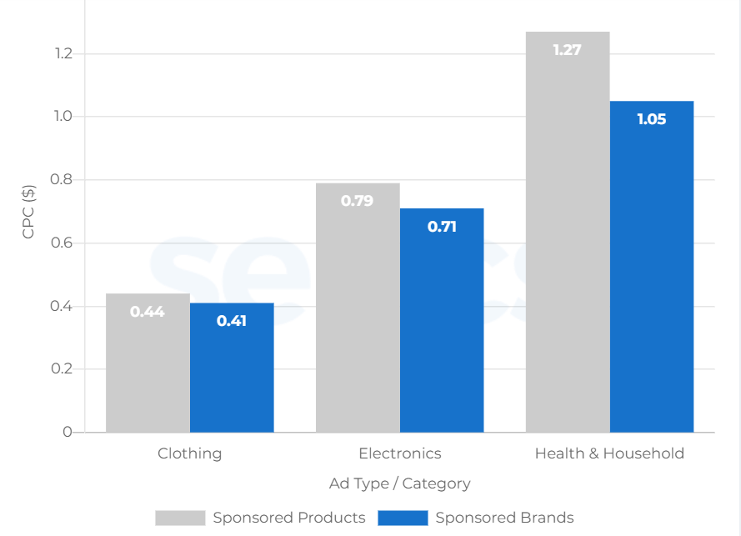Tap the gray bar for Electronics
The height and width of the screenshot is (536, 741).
click(x=358, y=308)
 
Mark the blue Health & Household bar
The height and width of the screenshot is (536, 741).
click(x=652, y=267)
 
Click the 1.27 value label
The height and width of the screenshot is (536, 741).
click(x=567, y=50)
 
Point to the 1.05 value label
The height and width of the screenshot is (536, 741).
click(x=652, y=119)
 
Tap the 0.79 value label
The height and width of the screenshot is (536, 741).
click(x=357, y=201)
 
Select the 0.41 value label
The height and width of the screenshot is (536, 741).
click(x=232, y=320)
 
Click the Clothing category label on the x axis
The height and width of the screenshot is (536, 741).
click(x=190, y=453)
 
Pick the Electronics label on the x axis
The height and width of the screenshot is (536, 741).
click(x=400, y=453)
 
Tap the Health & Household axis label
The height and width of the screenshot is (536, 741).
click(x=609, y=453)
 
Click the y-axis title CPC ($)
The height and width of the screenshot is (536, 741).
click(x=29, y=212)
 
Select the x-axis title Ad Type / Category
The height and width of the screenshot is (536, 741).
click(x=400, y=483)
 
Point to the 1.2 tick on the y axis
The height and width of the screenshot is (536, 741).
click(x=63, y=54)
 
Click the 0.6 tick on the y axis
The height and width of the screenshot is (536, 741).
click(x=63, y=243)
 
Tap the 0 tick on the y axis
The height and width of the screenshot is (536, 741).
click(x=68, y=432)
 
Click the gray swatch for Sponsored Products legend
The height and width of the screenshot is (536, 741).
click(x=180, y=518)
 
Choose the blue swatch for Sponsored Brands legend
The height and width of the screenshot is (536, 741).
click(x=403, y=518)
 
